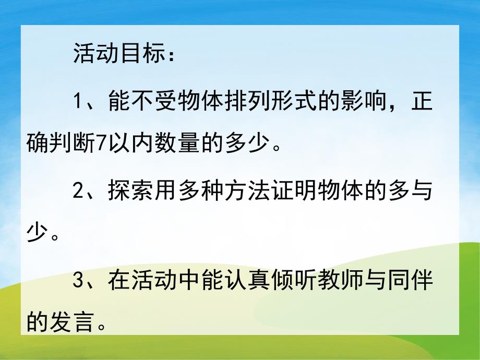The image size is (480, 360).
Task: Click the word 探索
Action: [x=127, y=191]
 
